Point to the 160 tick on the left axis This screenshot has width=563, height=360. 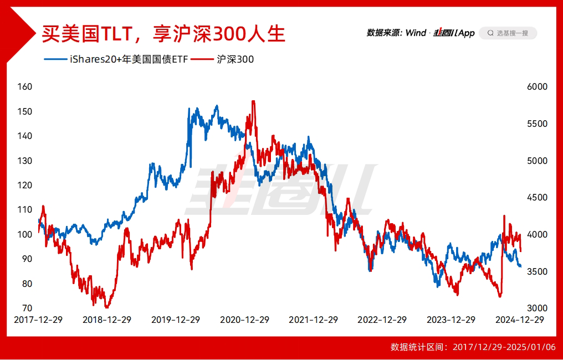(x=25, y=87)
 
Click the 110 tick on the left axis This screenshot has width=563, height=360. (x=25, y=210)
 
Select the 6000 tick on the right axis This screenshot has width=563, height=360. (x=537, y=87)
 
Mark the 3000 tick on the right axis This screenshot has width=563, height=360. (x=537, y=308)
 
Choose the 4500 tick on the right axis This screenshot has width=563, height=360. (x=537, y=198)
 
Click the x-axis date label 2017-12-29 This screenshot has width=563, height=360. (x=38, y=320)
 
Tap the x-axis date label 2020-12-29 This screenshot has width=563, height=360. (x=244, y=320)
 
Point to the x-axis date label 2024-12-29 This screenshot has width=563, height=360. (x=520, y=320)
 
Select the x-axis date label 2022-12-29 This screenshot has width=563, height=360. (x=382, y=320)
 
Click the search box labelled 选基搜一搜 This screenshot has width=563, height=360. (x=508, y=33)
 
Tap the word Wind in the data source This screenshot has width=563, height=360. (x=416, y=33)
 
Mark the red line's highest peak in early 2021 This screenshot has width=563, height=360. (x=253, y=101)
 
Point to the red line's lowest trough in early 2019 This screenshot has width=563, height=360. (x=106, y=307)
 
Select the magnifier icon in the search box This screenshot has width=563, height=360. (x=490, y=33)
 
